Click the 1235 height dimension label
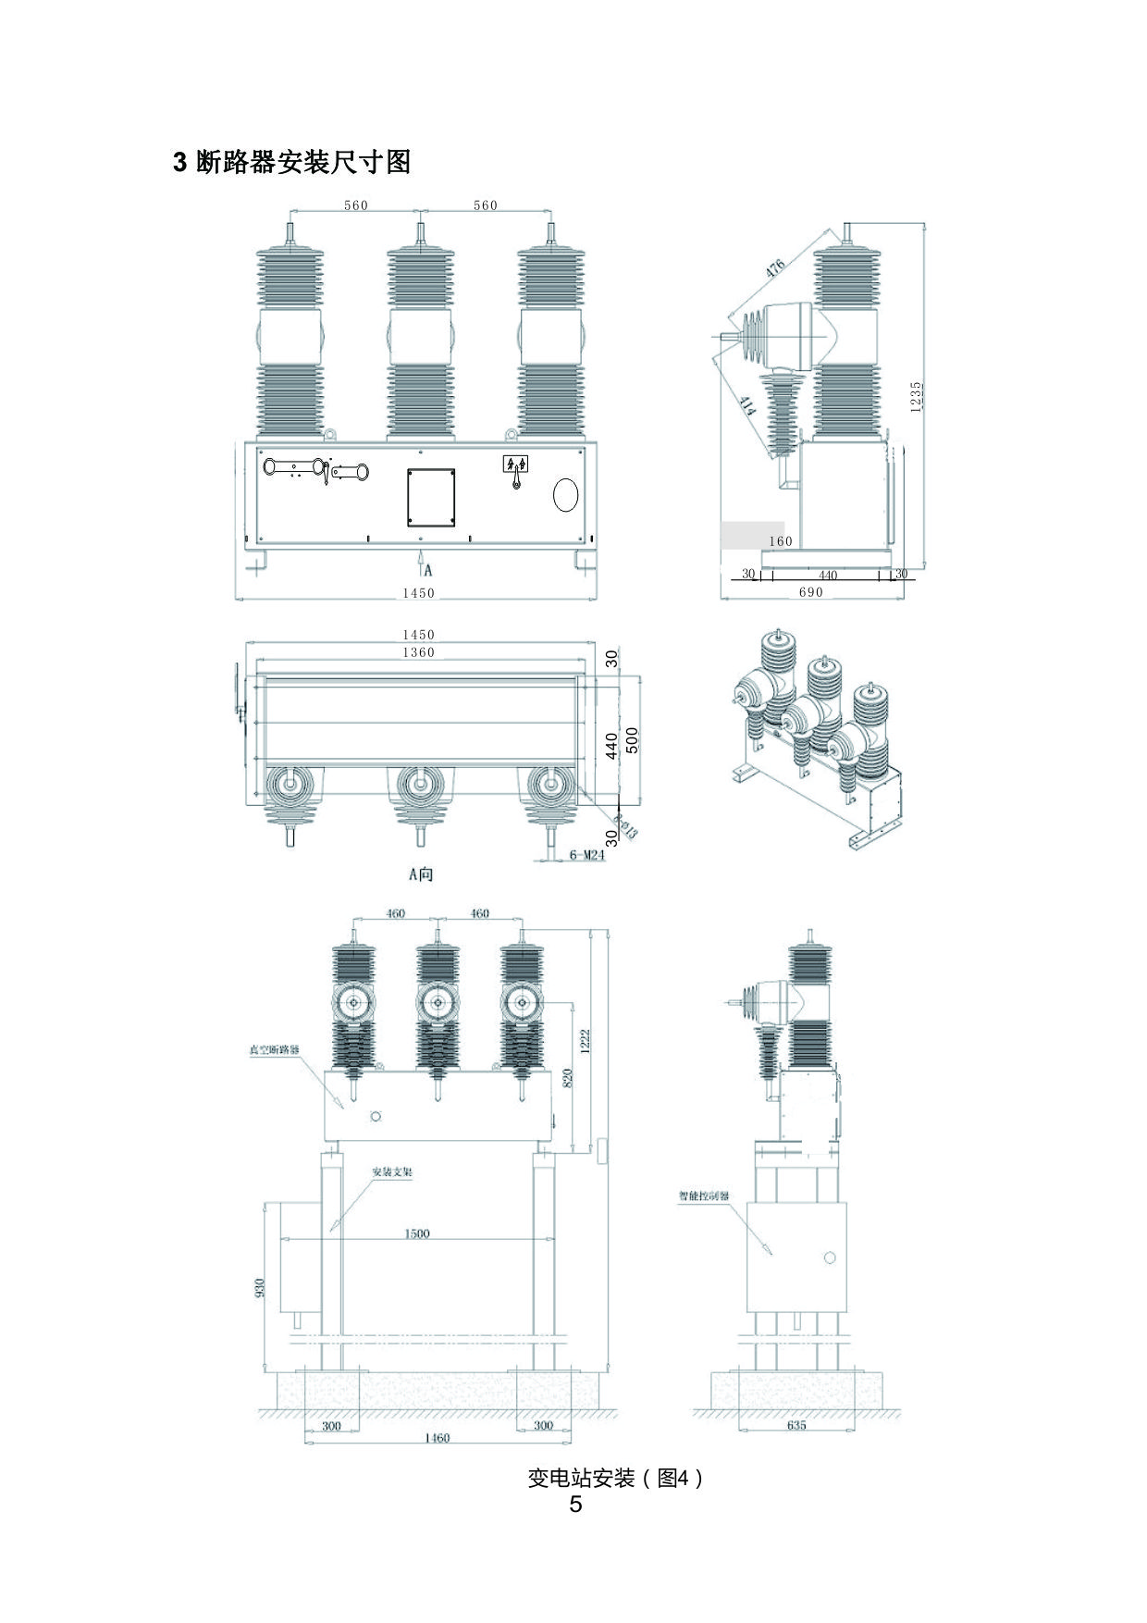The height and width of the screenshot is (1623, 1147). point(916,397)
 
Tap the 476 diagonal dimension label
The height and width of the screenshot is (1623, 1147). point(775,267)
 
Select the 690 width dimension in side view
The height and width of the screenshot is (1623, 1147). point(810,592)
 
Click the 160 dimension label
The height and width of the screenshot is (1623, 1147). point(781,541)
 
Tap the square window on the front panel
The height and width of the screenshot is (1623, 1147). point(431,497)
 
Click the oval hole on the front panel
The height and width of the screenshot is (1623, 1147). point(565,495)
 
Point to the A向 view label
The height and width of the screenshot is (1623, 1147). point(421,873)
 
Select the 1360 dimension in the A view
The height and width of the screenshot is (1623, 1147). point(418,652)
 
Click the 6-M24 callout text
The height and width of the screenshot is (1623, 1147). point(586,855)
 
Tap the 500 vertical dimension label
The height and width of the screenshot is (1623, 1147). point(633,740)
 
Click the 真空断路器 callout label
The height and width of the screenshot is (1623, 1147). point(275,1050)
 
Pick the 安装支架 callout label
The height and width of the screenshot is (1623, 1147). point(392,1171)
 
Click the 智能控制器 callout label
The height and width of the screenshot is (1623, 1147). point(704,1196)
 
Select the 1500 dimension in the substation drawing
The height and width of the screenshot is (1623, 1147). point(417,1233)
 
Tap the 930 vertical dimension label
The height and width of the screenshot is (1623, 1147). point(260,1287)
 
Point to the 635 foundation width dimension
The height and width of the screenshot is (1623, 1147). point(796,1425)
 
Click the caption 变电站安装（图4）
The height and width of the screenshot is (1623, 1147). point(615,1478)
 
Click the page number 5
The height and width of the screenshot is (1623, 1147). point(575,1505)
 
